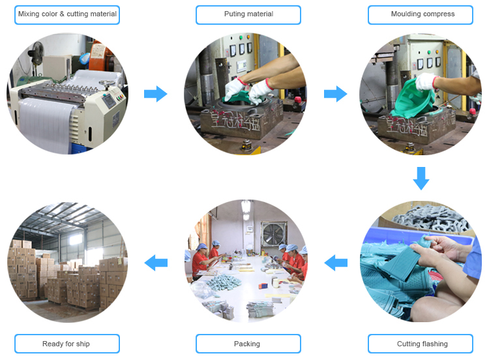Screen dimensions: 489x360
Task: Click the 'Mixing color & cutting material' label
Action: (67, 14)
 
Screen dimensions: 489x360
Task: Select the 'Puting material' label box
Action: (248, 14)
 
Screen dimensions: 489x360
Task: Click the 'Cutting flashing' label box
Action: (421, 344)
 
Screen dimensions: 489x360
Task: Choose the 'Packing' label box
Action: (248, 344)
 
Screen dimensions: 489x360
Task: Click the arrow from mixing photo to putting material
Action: (156, 94)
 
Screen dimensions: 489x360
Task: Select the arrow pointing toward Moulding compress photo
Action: (336, 94)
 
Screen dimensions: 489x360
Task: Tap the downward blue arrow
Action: (421, 179)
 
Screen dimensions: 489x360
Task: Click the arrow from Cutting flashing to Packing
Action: (336, 263)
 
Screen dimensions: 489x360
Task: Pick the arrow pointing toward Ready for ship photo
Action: (156, 263)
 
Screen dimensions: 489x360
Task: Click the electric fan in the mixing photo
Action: (36, 52)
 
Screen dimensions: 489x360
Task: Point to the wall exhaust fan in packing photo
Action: (274, 233)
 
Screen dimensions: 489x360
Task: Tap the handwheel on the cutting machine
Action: (107, 83)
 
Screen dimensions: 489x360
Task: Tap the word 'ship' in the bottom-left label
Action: (83, 344)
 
